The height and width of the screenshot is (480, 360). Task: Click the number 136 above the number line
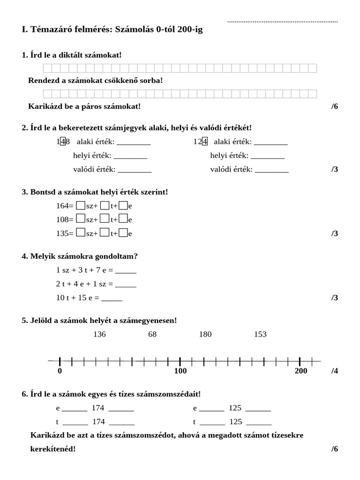pos(100,334)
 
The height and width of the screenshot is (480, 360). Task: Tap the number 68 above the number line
pos(152,334)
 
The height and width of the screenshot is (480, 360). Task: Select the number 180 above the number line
pos(205,334)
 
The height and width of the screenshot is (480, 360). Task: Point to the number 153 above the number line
pos(260,334)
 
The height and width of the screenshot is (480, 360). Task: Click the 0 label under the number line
pos(60,371)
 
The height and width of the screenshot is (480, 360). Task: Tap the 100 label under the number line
pos(180,371)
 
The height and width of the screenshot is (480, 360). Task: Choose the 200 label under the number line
pos(301,371)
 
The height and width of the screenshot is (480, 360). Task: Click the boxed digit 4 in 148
pos(63,142)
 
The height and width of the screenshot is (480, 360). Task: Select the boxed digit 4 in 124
pos(204,142)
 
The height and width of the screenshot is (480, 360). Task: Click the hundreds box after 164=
pos(80,205)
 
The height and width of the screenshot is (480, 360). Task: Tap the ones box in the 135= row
pos(123,232)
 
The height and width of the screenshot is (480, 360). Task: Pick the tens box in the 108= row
pos(105,219)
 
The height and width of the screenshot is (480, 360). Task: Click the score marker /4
pos(335,371)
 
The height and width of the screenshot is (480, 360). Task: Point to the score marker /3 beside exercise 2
pos(335,169)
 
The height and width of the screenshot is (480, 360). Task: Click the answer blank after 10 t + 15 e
pos(112,298)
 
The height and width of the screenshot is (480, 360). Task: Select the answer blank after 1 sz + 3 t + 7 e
pos(126,270)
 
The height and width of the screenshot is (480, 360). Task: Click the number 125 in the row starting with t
pos(236,421)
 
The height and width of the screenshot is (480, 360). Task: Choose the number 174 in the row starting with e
pos(98,408)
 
